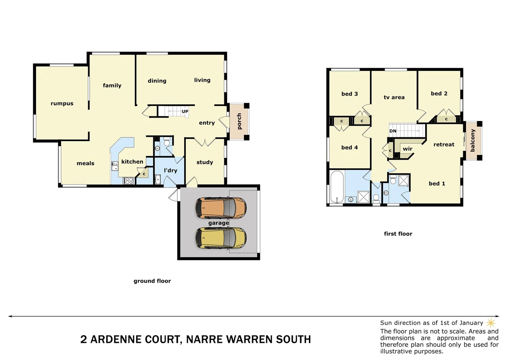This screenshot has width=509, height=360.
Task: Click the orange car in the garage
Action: pyautogui.click(x=221, y=208)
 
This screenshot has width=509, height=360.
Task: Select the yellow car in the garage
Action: pyautogui.click(x=221, y=238)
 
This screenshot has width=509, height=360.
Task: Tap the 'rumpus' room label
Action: pyautogui.click(x=62, y=103)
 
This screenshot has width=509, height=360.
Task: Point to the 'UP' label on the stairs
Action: pyautogui.click(x=185, y=111)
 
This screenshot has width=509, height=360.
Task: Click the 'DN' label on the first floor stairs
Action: pyautogui.click(x=393, y=131)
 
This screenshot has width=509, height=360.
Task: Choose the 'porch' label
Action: pyautogui.click(x=239, y=121)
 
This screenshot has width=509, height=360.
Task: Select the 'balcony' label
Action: pyautogui.click(x=473, y=141)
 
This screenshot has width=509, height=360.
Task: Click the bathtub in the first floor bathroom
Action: pyautogui.click(x=337, y=187)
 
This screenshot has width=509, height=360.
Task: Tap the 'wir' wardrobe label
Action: pyautogui.click(x=407, y=149)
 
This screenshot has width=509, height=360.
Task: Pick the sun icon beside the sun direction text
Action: pyautogui.click(x=491, y=323)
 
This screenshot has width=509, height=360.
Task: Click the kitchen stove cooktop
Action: pyautogui.click(x=128, y=181)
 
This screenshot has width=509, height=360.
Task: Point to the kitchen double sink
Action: pyautogui.click(x=115, y=166)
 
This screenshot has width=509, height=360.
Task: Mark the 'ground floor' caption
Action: pyautogui.click(x=152, y=281)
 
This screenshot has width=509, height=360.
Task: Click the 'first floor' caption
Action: pyautogui.click(x=398, y=234)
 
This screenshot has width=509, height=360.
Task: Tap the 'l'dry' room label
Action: pyautogui.click(x=171, y=170)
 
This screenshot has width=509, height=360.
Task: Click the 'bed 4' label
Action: pyautogui.click(x=349, y=147)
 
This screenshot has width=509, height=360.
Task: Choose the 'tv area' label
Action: pyautogui.click(x=394, y=97)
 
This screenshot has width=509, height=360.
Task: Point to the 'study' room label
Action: pyautogui.click(x=205, y=162)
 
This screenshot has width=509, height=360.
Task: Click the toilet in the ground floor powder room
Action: pyautogui.click(x=167, y=142)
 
